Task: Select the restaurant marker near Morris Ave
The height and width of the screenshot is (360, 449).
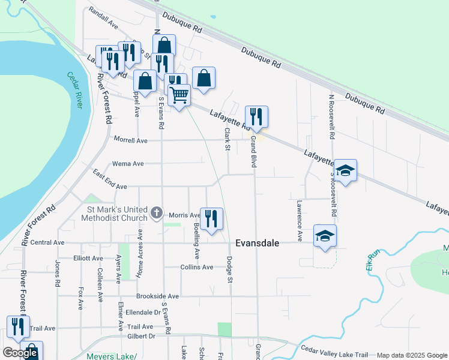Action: [x=211, y=218]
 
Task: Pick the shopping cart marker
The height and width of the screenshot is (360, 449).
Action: [x=179, y=95]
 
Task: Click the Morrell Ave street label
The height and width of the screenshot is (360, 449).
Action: [x=130, y=140]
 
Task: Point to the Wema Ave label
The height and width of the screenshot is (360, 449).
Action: [x=128, y=163]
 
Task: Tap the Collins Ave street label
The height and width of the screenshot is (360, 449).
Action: [x=197, y=267]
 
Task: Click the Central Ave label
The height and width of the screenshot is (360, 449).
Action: [x=47, y=243]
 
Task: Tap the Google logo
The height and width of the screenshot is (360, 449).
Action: [x=20, y=353]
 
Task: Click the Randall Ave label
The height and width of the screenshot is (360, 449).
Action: [x=103, y=18]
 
